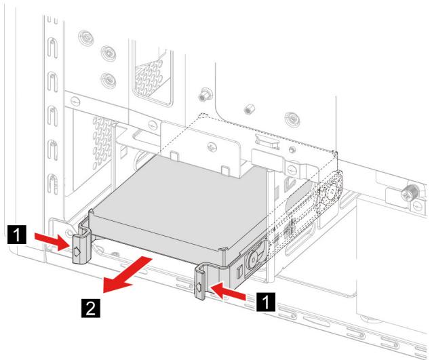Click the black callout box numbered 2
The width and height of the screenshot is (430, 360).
91,308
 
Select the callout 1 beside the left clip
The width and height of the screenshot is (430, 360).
17,235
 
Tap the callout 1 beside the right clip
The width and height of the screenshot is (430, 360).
266,302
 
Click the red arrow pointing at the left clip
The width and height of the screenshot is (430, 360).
52,241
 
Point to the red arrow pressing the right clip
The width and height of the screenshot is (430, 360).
227,292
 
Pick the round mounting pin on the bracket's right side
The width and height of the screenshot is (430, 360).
252,258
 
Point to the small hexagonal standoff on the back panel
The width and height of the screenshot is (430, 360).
248,110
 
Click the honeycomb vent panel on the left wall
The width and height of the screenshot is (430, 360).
102,142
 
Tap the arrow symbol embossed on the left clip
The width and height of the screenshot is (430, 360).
77,251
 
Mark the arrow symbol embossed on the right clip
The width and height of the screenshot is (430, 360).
199,287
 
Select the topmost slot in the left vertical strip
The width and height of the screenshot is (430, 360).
52,47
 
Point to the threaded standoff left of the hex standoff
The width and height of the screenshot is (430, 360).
203,94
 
